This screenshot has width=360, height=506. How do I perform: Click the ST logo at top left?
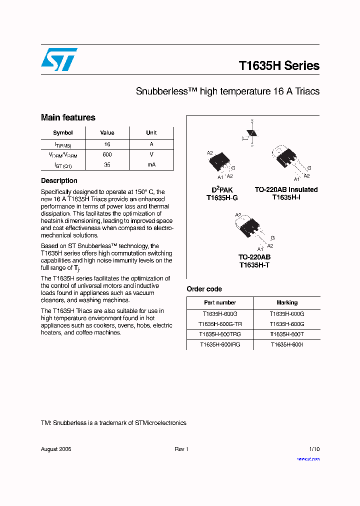[x=59, y=59]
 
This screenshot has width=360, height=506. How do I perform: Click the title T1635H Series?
[x=278, y=66]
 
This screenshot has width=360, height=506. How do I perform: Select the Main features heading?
[x=68, y=117]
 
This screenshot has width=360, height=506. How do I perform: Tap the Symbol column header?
[x=63, y=133]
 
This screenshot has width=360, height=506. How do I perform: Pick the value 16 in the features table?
[x=107, y=144]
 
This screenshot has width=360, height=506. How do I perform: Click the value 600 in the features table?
[x=107, y=154]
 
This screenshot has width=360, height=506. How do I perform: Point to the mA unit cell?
[x=151, y=164]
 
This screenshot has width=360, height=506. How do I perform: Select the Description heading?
[x=59, y=181]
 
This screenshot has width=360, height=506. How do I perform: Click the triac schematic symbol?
[x=252, y=133]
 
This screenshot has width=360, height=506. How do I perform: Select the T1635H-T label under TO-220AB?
[x=254, y=265]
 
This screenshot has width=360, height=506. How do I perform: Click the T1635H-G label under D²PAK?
[x=222, y=197]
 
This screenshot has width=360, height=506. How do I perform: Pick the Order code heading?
[x=204, y=289]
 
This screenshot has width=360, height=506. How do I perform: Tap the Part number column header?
[x=220, y=302]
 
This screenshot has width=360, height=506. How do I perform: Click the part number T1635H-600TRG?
[x=220, y=334]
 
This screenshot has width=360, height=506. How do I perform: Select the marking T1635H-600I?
[x=287, y=344]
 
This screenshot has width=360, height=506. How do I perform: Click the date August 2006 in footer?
[x=56, y=449]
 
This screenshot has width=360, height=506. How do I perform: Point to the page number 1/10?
[x=314, y=449]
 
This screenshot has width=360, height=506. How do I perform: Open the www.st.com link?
[x=308, y=458]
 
